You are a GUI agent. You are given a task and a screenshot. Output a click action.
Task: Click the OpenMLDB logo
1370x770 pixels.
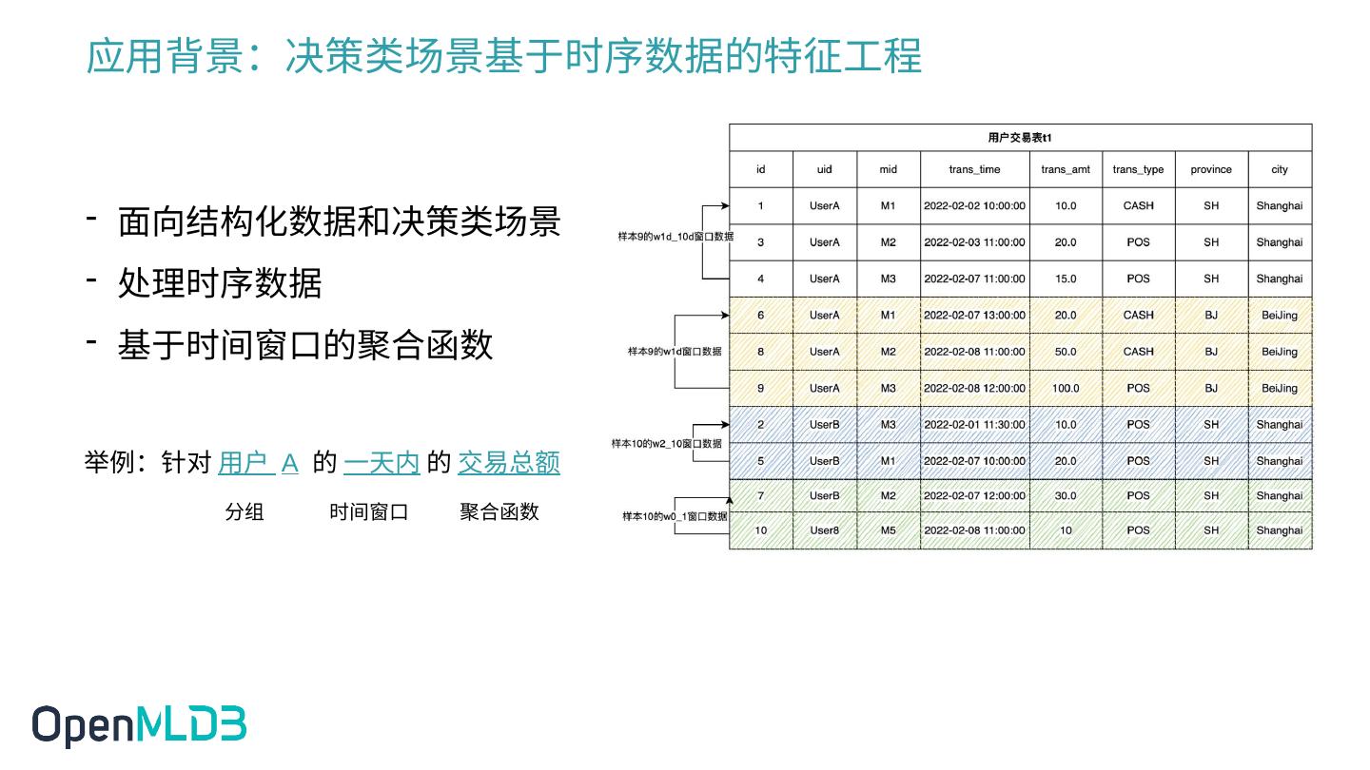click(x=139, y=725)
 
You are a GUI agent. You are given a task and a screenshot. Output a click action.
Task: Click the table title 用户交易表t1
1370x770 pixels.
click(x=1020, y=138)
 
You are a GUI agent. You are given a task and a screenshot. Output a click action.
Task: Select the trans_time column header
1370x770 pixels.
click(x=974, y=169)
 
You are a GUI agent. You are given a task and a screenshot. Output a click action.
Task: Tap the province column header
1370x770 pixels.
click(x=1210, y=169)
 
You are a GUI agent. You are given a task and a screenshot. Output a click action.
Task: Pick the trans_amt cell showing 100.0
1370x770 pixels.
click(x=1066, y=388)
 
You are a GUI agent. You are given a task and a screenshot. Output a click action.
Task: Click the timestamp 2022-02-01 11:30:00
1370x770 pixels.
click(x=974, y=425)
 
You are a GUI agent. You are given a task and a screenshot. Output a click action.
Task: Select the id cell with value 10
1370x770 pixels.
click(x=760, y=530)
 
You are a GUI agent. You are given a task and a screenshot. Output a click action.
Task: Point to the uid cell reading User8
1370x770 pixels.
click(x=824, y=530)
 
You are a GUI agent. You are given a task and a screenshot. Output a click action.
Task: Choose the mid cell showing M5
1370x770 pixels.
click(x=888, y=530)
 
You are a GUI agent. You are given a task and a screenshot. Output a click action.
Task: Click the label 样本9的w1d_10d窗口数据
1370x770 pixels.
click(x=675, y=237)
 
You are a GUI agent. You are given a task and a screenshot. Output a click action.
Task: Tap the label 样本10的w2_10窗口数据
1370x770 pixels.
click(x=666, y=444)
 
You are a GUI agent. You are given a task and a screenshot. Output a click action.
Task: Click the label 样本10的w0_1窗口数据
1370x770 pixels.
click(x=675, y=516)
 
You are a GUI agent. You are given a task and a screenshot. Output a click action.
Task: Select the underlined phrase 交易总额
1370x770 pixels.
click(x=509, y=463)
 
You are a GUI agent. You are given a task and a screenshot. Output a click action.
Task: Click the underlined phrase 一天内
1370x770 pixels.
click(x=382, y=463)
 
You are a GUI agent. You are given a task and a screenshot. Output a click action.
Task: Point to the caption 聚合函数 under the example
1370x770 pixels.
click(x=499, y=511)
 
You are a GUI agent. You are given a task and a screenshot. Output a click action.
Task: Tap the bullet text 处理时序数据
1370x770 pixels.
click(x=220, y=283)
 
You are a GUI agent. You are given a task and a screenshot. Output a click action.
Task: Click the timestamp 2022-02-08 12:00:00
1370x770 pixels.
click(x=974, y=388)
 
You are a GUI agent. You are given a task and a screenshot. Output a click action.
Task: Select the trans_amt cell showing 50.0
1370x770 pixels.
click(x=1066, y=352)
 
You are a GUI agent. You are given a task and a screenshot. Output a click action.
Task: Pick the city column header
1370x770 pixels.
click(x=1279, y=169)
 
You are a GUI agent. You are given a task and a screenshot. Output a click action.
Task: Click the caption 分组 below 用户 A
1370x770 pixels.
click(x=245, y=511)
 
